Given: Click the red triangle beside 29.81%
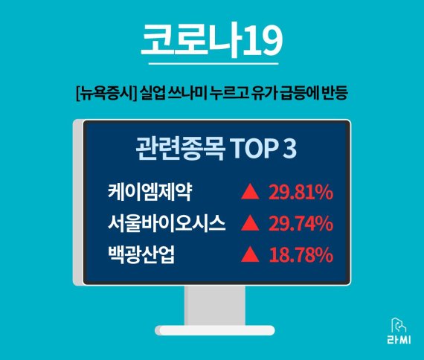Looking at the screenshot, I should point(251,193).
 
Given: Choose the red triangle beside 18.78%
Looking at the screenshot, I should point(251,256).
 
